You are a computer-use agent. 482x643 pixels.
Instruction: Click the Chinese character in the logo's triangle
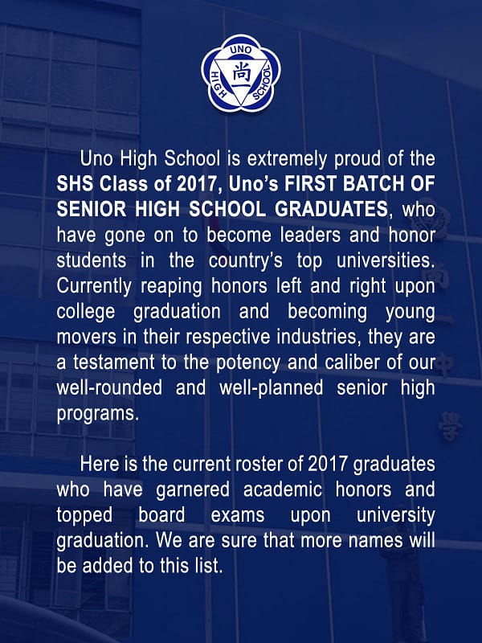pyautogui.click(x=241, y=75)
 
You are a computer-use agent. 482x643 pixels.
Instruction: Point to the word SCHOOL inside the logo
pyautogui.click(x=263, y=84)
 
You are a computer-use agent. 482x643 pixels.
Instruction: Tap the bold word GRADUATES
pyautogui.click(x=331, y=209)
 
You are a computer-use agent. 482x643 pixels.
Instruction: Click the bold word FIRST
pyautogui.click(x=311, y=184)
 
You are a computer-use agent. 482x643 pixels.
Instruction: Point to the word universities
pyautogui.click(x=386, y=260)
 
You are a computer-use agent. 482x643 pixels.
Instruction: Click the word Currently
pyautogui.click(x=94, y=287)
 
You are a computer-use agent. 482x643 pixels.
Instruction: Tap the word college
pyautogui.click(x=86, y=312)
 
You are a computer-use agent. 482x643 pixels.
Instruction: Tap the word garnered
pyautogui.click(x=193, y=490)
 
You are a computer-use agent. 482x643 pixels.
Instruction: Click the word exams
pyautogui.click(x=238, y=515)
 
